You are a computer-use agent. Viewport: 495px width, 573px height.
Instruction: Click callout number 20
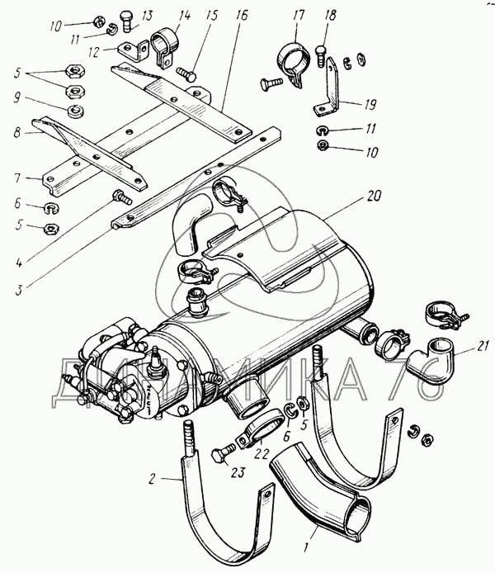click(373, 197)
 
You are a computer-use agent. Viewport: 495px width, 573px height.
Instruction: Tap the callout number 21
click(483, 346)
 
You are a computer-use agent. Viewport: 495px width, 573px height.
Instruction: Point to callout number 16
click(241, 15)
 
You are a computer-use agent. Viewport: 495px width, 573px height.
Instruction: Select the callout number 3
click(18, 290)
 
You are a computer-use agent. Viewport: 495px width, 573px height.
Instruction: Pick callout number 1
click(307, 547)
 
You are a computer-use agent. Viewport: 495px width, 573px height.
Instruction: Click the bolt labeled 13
click(127, 21)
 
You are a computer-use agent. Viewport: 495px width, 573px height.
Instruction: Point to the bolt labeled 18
click(320, 55)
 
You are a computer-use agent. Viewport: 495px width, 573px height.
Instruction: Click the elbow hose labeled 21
click(429, 360)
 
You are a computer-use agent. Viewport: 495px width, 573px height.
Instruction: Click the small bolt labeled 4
click(123, 197)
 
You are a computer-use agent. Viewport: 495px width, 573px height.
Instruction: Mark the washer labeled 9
click(76, 111)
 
